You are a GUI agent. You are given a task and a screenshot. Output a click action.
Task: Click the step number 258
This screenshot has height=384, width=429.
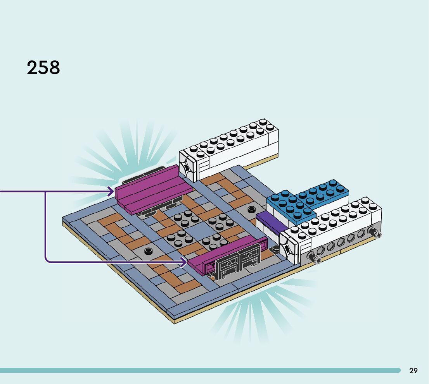[x=43, y=67]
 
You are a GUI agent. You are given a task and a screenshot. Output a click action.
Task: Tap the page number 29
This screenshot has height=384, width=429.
[x=413, y=370]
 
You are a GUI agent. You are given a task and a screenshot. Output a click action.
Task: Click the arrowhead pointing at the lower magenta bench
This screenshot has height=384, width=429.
[x=184, y=262]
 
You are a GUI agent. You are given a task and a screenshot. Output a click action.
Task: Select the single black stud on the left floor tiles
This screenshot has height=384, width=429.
[x=148, y=251]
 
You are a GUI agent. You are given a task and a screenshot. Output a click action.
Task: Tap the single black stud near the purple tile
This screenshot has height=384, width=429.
[x=251, y=210]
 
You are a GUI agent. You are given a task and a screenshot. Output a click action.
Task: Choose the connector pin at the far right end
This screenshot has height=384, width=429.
[x=375, y=233]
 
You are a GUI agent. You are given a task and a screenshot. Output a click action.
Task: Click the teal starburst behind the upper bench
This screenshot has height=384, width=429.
[x=128, y=151]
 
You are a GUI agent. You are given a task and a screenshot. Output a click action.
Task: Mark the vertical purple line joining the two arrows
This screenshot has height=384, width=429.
[x=45, y=226]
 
